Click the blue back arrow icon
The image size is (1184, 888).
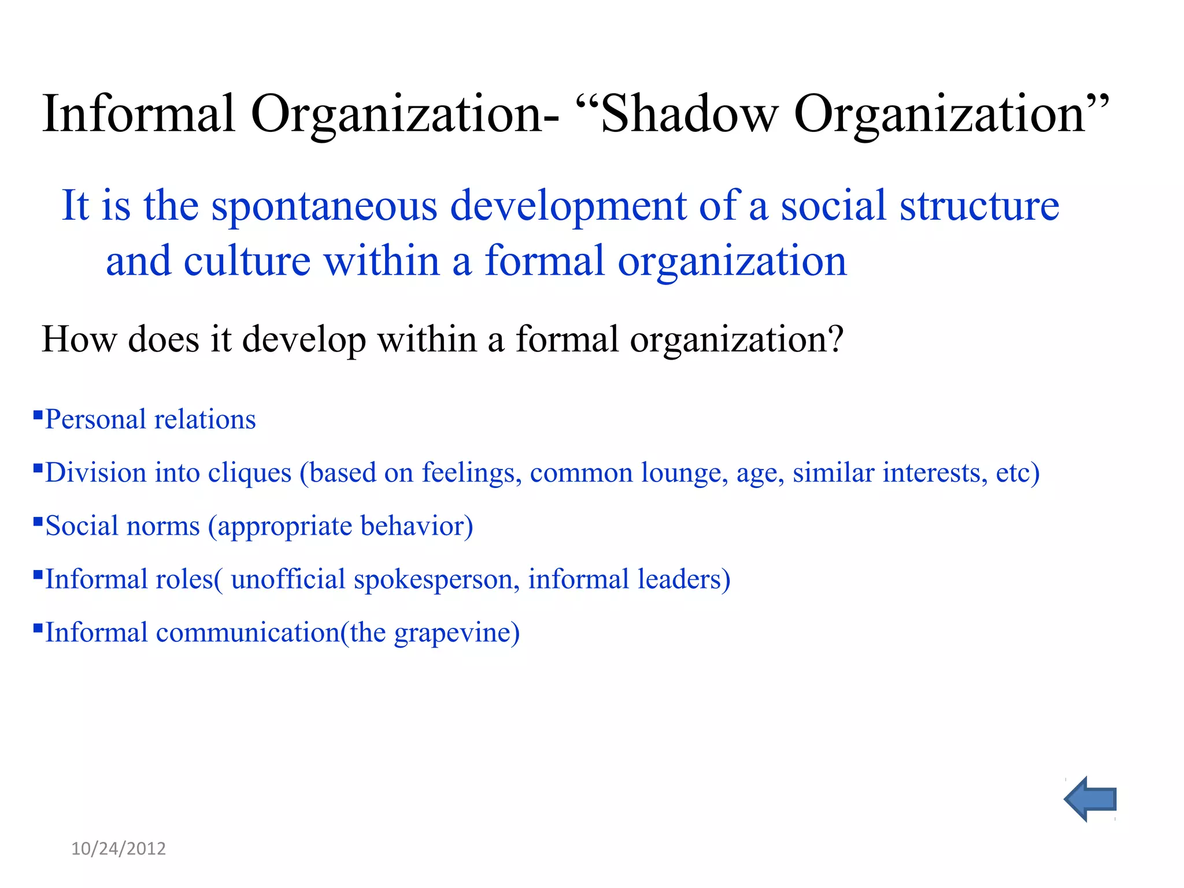pos(1090,799)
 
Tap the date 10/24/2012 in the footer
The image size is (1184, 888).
pos(119,848)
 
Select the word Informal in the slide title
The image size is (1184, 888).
pos(139,113)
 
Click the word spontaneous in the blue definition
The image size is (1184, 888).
pos(324,207)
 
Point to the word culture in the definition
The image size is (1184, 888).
pos(247,261)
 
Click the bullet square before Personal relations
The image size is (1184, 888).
pos(38,415)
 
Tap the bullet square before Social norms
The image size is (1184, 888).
pos(38,521)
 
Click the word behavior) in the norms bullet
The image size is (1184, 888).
pos(416,526)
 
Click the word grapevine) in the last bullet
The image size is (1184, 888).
pos(457,633)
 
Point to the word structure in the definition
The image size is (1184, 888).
pos(979,206)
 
